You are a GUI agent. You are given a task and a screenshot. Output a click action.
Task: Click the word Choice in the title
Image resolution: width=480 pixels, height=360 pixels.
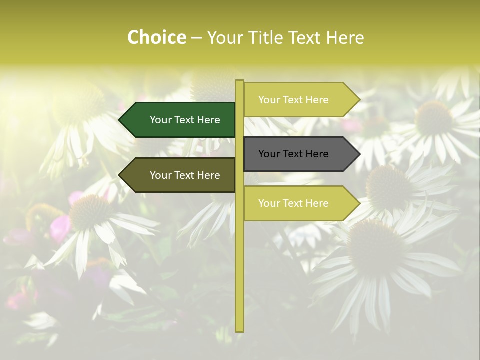156,38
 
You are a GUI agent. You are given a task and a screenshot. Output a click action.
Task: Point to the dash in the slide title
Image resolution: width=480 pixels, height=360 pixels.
196,38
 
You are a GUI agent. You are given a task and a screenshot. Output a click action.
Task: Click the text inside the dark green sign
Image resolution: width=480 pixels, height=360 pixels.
185,120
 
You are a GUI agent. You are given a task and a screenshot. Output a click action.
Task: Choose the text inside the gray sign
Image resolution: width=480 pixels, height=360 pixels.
293,154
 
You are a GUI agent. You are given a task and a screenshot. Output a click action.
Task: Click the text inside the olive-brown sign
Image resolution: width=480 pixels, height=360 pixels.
185,175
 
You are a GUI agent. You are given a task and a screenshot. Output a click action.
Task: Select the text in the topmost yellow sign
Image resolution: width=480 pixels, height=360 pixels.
293,100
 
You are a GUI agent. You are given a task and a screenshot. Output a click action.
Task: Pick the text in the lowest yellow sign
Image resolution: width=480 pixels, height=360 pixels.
293,203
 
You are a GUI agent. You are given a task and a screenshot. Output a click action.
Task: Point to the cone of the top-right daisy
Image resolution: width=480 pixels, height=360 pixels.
433,117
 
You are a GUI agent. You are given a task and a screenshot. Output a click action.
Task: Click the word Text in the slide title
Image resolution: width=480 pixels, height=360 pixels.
304,38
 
